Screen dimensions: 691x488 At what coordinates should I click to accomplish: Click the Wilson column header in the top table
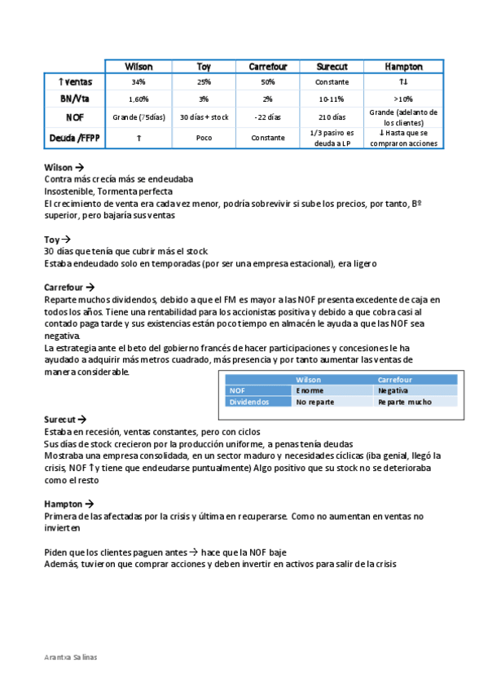[x=138, y=66]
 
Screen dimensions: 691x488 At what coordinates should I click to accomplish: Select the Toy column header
[x=204, y=66]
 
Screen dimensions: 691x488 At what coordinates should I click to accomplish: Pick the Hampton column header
[x=402, y=66]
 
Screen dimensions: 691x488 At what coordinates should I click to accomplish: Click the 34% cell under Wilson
[x=138, y=82]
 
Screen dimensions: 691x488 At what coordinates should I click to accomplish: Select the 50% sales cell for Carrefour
[x=267, y=82]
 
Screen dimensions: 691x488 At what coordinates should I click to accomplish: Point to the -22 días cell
[x=267, y=117]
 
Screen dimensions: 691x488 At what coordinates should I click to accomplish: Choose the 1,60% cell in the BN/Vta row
[x=138, y=99]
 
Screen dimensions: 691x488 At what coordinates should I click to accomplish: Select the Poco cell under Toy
[x=204, y=138]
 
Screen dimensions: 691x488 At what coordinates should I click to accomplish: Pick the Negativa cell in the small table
[x=393, y=391]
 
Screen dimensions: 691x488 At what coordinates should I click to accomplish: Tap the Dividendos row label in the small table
[x=248, y=402]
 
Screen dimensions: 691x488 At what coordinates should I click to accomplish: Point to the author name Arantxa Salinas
[x=70, y=657]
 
